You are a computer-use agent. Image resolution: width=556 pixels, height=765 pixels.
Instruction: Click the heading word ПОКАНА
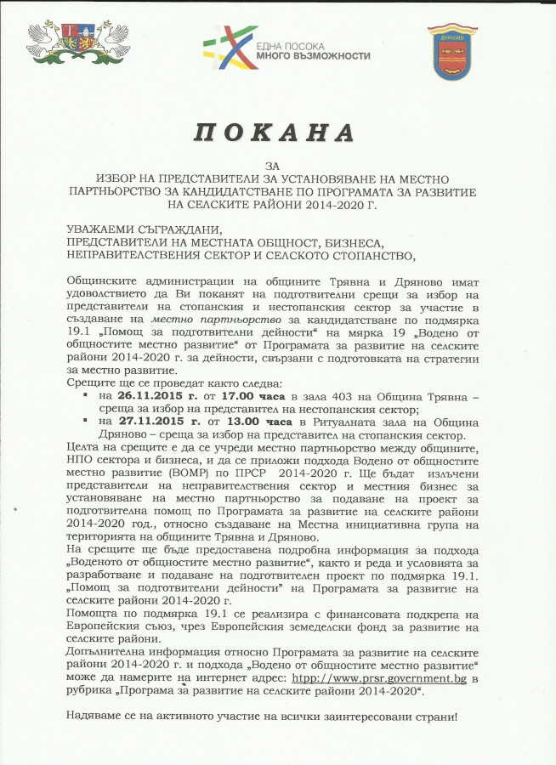click(x=274, y=133)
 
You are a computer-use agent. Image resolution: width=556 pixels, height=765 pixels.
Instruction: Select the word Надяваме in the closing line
click(x=94, y=716)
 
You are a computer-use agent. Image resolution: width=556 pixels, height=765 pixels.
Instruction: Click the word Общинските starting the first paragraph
click(x=101, y=280)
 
